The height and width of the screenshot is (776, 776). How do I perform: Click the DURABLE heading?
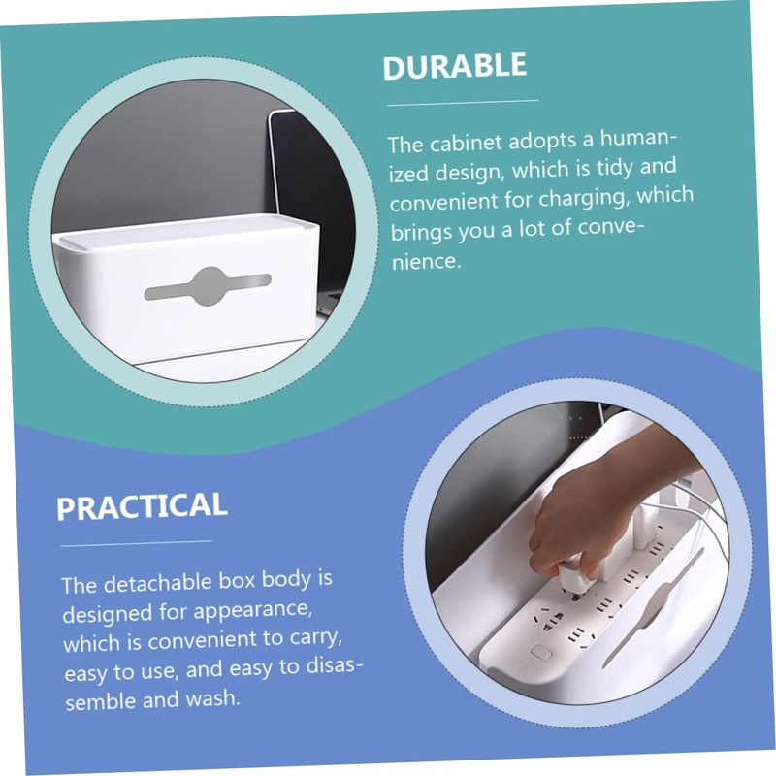click(454, 67)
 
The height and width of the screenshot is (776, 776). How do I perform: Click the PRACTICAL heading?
click(142, 505)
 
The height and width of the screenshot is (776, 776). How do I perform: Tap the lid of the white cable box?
click(184, 233)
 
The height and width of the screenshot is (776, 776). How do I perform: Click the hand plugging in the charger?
click(582, 514)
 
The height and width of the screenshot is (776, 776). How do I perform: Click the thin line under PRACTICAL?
click(135, 541)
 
